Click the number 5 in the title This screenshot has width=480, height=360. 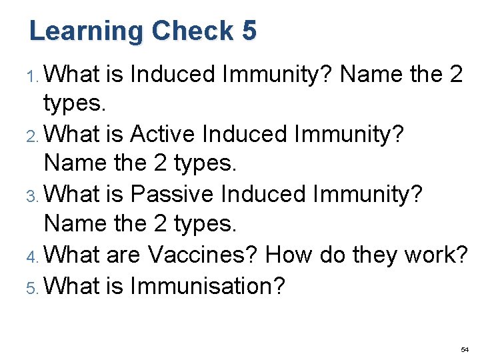248,31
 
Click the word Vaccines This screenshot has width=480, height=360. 203,254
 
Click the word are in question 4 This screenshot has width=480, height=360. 123,254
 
